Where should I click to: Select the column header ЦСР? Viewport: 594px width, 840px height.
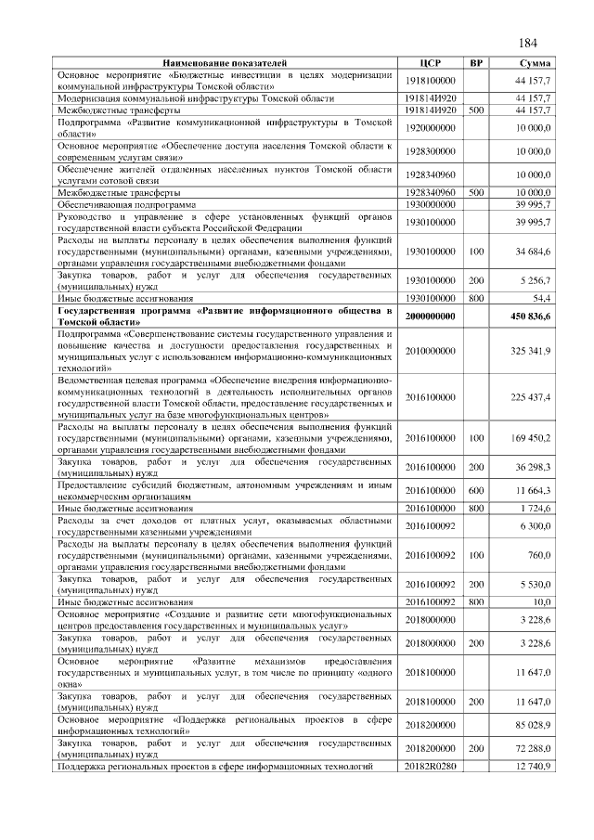(430, 62)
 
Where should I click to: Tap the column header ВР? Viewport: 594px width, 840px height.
(476, 62)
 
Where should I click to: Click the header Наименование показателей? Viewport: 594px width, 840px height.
(226, 62)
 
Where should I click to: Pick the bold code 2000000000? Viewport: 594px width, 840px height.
(430, 317)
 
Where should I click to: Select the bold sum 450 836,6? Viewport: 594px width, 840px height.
(529, 317)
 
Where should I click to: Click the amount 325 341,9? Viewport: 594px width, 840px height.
(530, 350)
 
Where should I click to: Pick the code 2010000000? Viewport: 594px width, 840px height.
(430, 350)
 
